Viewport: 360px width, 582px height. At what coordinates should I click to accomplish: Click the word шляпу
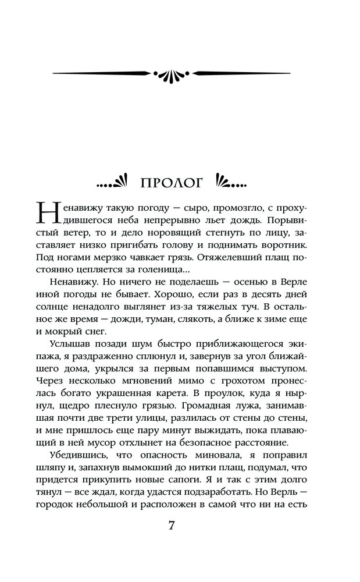click(x=49, y=487)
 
